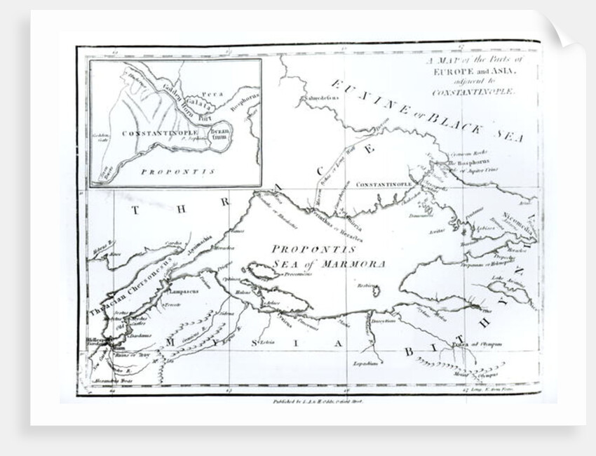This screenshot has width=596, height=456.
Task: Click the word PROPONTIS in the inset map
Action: point(163,170)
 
